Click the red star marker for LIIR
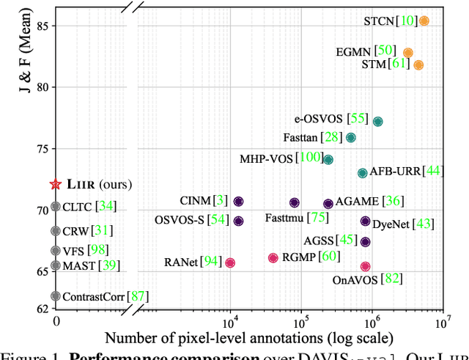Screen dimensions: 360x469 click(x=55, y=185)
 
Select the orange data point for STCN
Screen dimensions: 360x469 click(x=424, y=21)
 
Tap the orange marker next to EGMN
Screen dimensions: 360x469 click(x=408, y=53)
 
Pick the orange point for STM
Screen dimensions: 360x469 click(x=418, y=65)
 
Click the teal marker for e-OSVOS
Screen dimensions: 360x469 click(x=377, y=122)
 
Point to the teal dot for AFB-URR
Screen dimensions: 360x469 click(x=362, y=173)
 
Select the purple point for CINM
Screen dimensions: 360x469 click(x=238, y=202)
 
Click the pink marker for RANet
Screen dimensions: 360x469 click(x=230, y=262)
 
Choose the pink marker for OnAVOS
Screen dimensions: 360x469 click(x=365, y=267)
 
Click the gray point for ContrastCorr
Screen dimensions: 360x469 click(x=55, y=296)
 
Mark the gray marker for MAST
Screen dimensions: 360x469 click(x=55, y=265)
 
